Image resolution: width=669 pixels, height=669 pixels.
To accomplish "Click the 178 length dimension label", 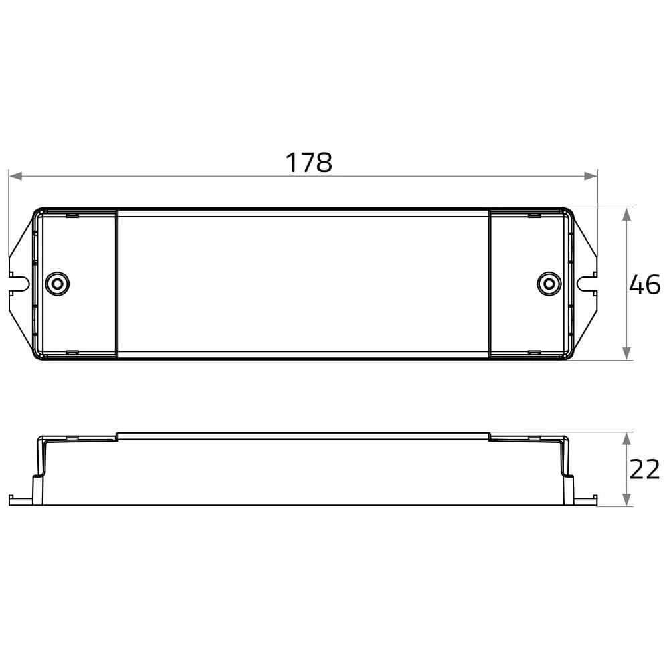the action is (308, 162).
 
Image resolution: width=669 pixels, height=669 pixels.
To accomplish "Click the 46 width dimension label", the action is (645, 284).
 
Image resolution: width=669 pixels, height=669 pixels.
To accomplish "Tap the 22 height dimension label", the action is (645, 470).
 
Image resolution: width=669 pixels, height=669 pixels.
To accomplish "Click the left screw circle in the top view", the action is (57, 284).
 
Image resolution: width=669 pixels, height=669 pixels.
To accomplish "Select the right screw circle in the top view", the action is (549, 284).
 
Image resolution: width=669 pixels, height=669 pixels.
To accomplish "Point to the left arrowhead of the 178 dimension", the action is (15, 176).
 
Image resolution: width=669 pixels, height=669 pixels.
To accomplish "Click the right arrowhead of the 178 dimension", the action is (591, 176).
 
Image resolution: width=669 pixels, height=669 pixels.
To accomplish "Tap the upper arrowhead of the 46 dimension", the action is (626, 215).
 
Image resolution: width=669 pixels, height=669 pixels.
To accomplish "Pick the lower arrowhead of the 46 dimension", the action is (626, 353).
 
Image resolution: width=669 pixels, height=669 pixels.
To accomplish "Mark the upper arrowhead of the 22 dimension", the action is (626, 439).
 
